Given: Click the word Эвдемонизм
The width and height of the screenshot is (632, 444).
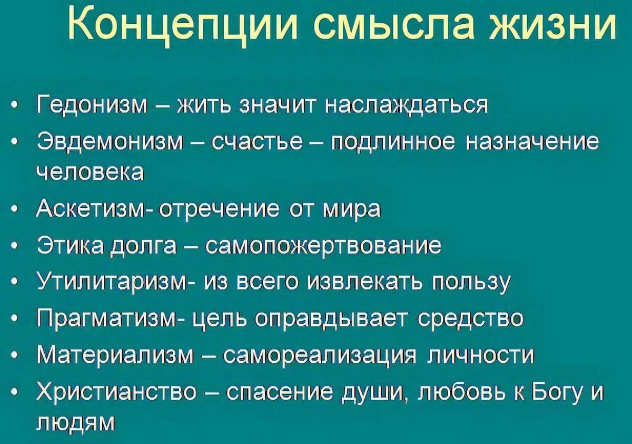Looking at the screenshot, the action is coord(110,142).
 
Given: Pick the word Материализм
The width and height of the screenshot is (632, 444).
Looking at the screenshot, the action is coord(116,355).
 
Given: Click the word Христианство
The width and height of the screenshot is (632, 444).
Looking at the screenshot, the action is coord(117,392).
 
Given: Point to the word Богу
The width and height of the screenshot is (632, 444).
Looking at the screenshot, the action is coord(556,392).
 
